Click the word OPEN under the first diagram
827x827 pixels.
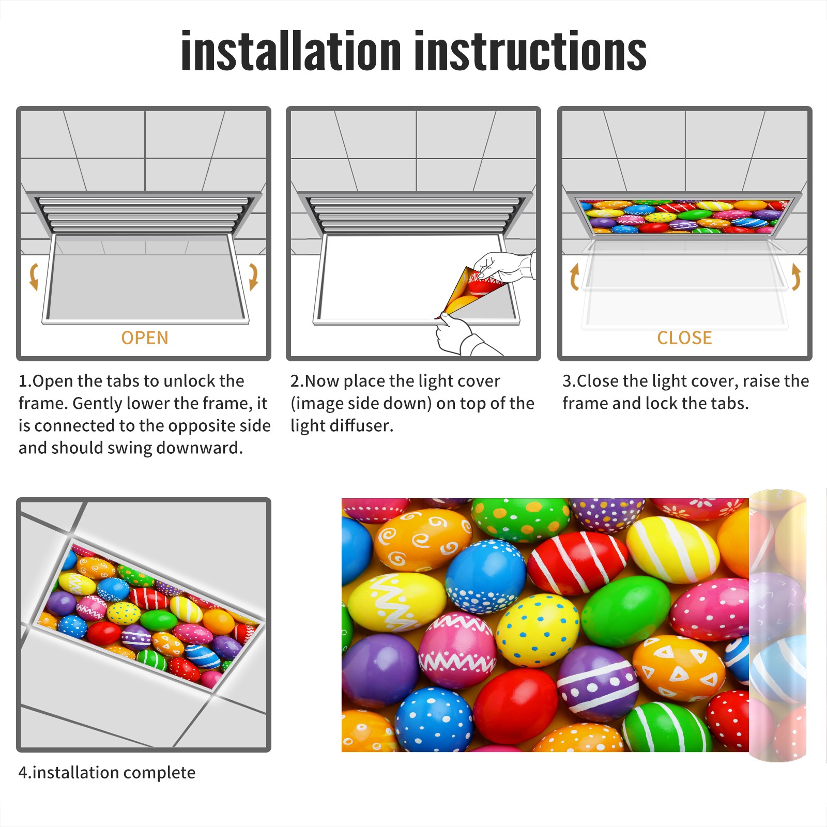point(145,338)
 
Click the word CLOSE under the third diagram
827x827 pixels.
point(684,338)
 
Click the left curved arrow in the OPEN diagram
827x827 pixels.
point(34,277)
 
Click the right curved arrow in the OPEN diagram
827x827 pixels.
point(253,277)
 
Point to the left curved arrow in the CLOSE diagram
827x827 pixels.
point(574,277)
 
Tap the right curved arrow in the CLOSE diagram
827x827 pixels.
point(796,277)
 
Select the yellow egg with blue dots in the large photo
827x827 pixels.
point(538,630)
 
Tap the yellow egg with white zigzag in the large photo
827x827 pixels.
point(397,602)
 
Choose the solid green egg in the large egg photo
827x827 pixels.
point(625,611)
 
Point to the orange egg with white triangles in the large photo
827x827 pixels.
point(678,668)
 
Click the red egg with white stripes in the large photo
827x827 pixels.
point(577,563)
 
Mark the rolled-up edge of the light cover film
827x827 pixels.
point(777,625)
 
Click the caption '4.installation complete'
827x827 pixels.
point(107,773)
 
